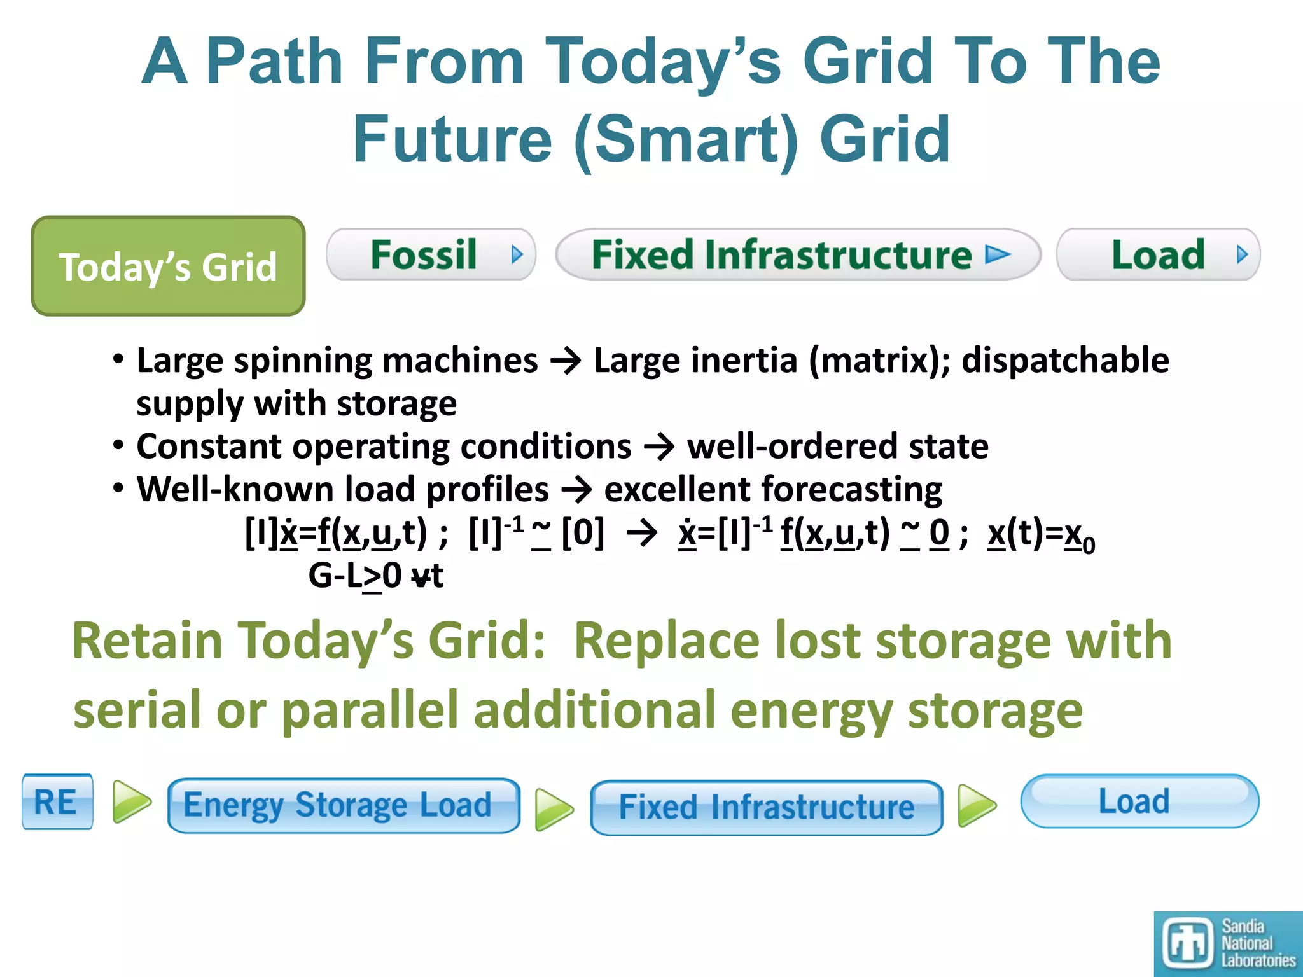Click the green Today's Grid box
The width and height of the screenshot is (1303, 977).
pos(168,266)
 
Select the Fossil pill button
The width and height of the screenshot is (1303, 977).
pos(431,254)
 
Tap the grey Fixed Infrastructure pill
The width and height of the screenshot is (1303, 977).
pos(798,254)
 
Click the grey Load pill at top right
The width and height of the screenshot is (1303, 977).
pos(1158,254)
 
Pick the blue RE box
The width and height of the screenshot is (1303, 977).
pos(57,801)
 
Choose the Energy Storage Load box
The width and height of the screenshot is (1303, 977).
pos(344,805)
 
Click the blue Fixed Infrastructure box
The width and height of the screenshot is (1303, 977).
pos(766,807)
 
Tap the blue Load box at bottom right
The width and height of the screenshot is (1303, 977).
pos(1139,801)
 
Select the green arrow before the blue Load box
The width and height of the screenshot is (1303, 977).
pos(977,805)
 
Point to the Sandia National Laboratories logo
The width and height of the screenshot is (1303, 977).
pos(1228,944)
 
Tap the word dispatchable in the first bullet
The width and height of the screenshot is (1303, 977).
pos(1065,360)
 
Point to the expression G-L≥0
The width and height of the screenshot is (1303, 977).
pos(355,576)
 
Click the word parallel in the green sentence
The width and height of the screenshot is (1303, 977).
pos(370,710)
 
